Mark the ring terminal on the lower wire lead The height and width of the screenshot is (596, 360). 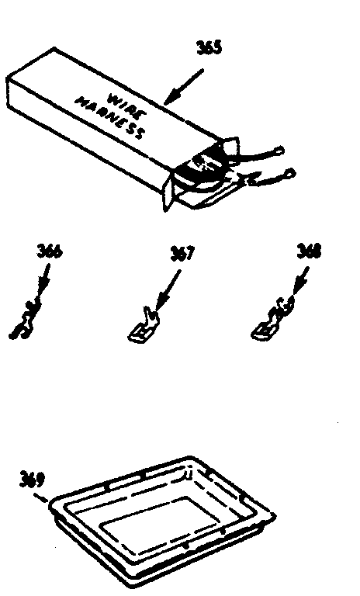[x=290, y=173]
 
